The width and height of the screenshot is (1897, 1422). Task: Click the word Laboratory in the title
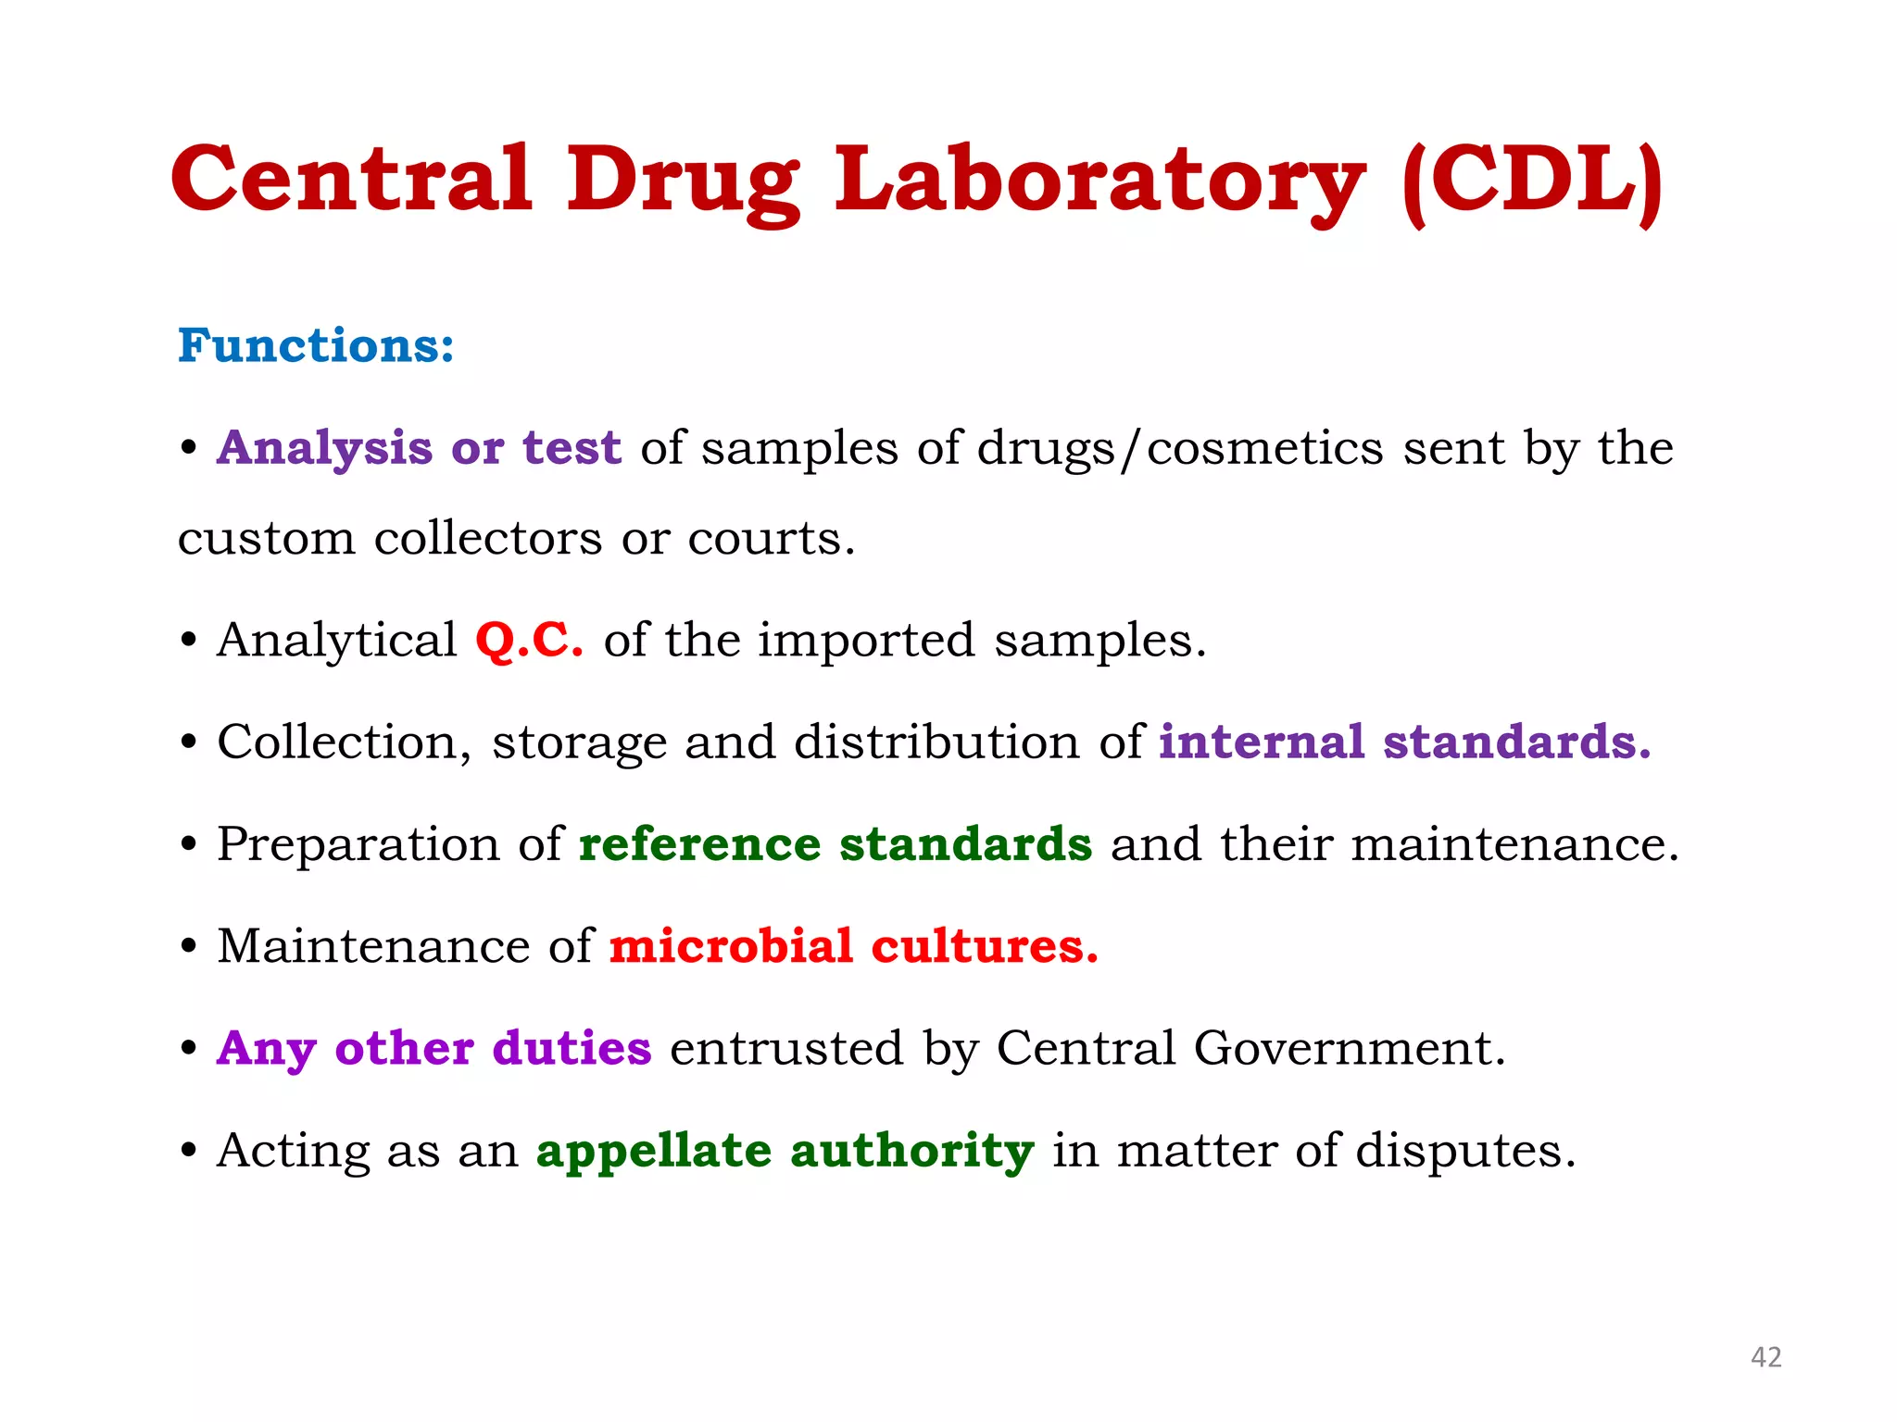click(x=1099, y=180)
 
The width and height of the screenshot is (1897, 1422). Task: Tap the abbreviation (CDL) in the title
click(x=1533, y=180)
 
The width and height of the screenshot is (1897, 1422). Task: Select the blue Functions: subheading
click(x=316, y=345)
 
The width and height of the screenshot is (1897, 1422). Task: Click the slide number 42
click(x=1765, y=1357)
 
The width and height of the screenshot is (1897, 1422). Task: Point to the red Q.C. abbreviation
click(x=529, y=640)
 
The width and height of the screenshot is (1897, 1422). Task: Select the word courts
click(x=771, y=539)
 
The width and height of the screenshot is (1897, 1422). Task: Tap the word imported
click(x=866, y=641)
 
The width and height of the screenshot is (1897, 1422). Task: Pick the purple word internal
click(x=1261, y=742)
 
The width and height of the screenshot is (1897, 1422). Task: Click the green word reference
click(x=699, y=844)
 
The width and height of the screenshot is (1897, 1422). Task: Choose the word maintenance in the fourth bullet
click(x=1514, y=844)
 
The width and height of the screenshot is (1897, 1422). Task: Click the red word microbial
click(x=730, y=946)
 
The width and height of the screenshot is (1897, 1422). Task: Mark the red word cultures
click(x=984, y=946)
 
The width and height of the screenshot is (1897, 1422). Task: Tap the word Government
click(x=1349, y=1049)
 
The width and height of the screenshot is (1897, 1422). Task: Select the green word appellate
click(x=653, y=1151)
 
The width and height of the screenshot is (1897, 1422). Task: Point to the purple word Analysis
click(x=324, y=449)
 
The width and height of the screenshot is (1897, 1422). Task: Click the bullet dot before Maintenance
click(x=189, y=947)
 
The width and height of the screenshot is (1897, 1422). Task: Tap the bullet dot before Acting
click(x=189, y=1152)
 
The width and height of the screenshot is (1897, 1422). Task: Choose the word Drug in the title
click(x=683, y=181)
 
